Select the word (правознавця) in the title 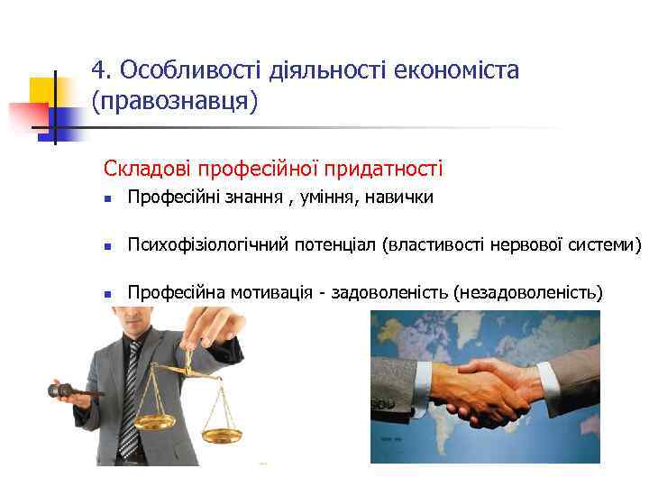coord(175,101)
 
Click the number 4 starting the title coord(98,71)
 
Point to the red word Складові coord(145,169)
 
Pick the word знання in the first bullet coord(257,198)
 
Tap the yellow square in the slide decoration coord(43,91)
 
